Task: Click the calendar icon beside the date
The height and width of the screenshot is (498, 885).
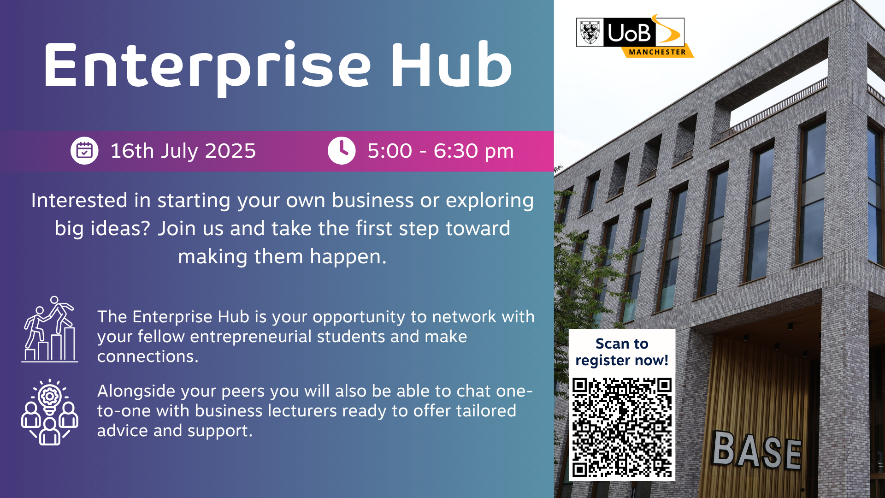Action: tap(84, 150)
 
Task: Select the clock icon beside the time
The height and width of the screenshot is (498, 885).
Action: tap(342, 150)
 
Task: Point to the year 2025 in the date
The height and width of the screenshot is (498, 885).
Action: tap(230, 151)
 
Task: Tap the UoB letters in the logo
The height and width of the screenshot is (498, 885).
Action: tap(629, 33)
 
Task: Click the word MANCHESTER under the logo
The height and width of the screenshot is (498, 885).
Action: tap(657, 52)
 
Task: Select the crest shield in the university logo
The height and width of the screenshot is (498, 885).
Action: tap(590, 32)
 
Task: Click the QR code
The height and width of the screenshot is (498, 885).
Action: tap(622, 427)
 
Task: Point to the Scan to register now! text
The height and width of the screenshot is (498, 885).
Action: tap(622, 352)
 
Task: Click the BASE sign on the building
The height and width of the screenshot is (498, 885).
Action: tap(757, 451)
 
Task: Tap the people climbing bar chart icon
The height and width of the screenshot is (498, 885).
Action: tap(50, 329)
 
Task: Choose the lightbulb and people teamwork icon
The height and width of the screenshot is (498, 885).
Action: tap(50, 412)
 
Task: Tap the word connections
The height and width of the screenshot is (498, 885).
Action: tap(147, 356)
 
